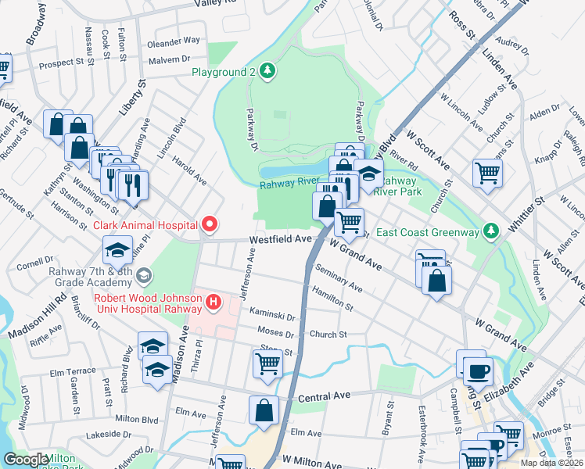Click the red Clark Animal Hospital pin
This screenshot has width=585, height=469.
pos(209,225)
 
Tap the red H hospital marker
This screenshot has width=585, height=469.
pos(214,300)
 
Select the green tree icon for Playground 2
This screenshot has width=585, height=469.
pos(267,72)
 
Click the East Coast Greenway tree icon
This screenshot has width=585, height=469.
pos(490,231)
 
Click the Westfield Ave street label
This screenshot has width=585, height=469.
pos(281,240)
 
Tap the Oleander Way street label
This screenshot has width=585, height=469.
pos(174,40)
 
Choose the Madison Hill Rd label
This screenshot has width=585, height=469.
pos(38,317)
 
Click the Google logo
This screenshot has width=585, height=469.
pos(26,460)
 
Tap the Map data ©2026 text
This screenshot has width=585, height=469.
pos(551,463)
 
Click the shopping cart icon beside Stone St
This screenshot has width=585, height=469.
pos(267,363)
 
